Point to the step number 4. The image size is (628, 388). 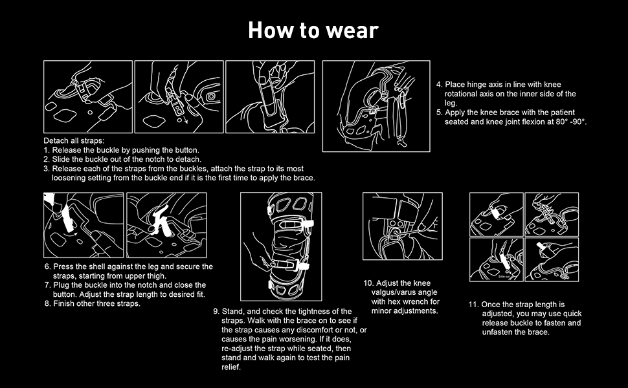coord(438,85)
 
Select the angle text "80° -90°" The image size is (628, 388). coord(566,122)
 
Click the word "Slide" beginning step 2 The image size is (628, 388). coord(63,159)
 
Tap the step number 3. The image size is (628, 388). coord(47,168)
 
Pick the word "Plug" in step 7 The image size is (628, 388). coord(61,285)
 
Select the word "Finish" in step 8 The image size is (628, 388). coord(64,303)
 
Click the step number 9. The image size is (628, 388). coord(216,312)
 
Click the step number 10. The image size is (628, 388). coord(368,283)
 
